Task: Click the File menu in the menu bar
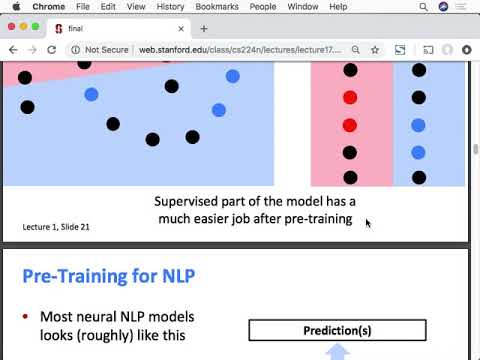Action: tap(83, 6)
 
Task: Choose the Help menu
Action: tap(338, 6)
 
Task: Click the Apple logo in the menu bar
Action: tap(16, 6)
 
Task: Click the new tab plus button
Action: tap(204, 29)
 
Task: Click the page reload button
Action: tap(53, 49)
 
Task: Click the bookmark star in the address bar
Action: tap(374, 49)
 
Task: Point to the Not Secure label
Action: tap(107, 49)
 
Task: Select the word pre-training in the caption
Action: tap(319, 218)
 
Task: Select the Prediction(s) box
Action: tap(337, 330)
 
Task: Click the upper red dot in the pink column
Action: tap(350, 97)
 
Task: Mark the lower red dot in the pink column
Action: tap(350, 125)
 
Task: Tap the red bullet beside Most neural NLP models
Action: tap(25, 317)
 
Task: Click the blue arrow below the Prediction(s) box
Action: tap(338, 351)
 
